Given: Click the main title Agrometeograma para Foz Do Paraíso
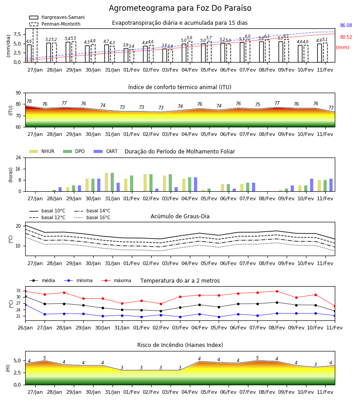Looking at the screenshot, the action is (180, 8).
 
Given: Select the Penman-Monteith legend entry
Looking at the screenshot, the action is (55, 24).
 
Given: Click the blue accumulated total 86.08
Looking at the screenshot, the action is (346, 25).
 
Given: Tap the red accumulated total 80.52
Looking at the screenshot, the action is (346, 37).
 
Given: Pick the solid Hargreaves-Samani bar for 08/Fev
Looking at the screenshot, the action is (261, 52).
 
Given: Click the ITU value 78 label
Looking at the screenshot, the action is (29, 101).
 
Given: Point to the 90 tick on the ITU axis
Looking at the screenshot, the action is (18, 93).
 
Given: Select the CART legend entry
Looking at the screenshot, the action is (106, 151).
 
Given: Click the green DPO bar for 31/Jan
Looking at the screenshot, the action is (112, 182).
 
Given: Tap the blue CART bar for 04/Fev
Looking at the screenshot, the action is (195, 184).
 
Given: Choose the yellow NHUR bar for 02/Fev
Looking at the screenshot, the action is (145, 183).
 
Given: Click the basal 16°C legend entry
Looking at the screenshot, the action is (92, 217).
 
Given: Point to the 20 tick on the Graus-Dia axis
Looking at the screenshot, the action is (18, 226).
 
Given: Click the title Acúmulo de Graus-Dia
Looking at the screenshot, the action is (180, 216).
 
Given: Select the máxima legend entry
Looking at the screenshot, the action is (116, 280).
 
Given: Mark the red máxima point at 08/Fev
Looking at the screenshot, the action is (277, 291).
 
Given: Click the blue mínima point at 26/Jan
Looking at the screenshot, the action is (26, 305).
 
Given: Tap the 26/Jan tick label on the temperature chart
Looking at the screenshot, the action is (25, 328).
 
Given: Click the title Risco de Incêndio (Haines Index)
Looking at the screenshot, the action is (180, 345).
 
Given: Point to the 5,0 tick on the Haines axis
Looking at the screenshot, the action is (17, 361).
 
